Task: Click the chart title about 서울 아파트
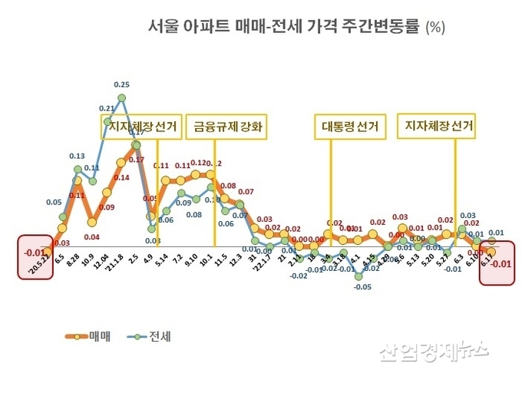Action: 296,27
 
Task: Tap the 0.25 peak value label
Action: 121,84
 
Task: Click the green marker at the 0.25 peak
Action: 122,97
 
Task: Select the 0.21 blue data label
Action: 107,109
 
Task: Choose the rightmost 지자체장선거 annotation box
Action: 435,125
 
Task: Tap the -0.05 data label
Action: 362,287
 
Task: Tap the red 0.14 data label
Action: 121,178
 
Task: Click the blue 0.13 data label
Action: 77,156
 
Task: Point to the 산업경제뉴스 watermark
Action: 433,352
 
